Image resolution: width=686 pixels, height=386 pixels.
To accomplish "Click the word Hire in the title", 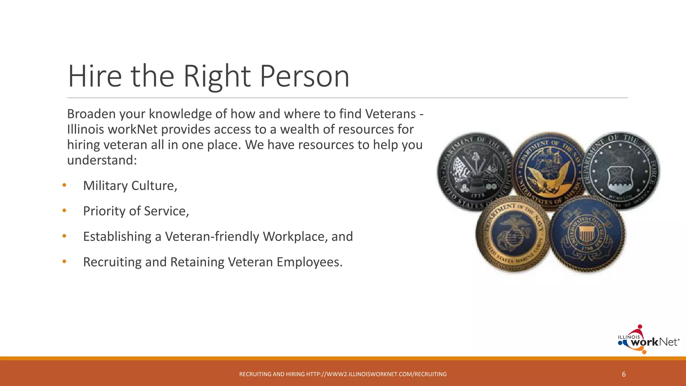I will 94,76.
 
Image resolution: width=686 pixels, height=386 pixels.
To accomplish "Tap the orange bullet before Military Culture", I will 64,185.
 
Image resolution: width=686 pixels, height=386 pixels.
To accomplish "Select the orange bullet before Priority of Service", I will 64,211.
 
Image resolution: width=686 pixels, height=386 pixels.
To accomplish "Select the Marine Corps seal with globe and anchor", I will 512,234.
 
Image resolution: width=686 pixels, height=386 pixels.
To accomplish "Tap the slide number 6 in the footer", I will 624,374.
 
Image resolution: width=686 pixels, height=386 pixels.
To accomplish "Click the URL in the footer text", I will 376,374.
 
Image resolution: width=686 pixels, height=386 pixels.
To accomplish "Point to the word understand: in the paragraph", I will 102,160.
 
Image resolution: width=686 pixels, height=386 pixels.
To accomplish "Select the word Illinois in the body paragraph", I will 85,129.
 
